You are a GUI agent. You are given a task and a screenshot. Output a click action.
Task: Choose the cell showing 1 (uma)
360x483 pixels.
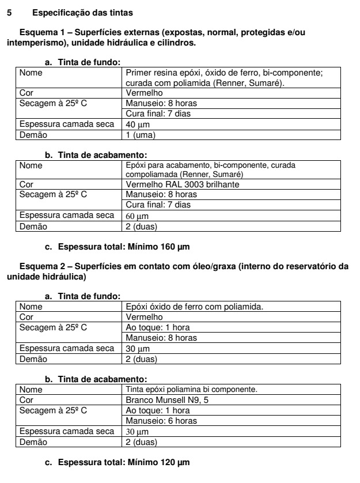[141, 135]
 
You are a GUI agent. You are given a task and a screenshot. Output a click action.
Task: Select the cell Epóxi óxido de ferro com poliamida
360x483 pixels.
[194, 306]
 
